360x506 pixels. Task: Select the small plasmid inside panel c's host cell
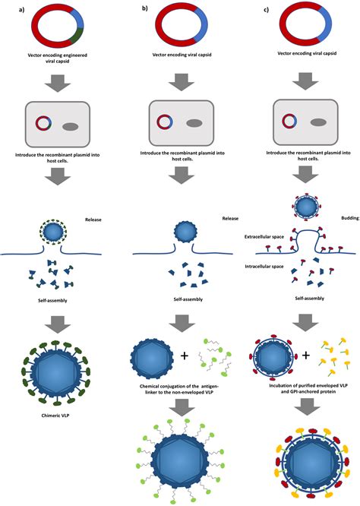pyautogui.click(x=289, y=121)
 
